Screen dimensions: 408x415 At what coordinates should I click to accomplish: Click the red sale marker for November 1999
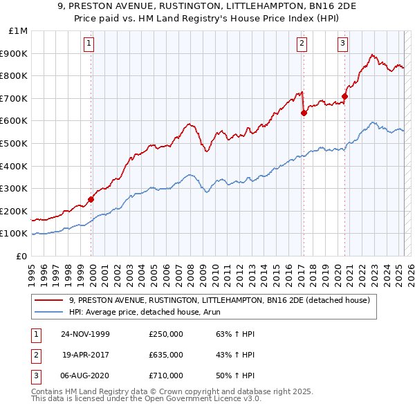coord(91,199)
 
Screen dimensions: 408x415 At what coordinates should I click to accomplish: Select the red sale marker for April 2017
coord(304,113)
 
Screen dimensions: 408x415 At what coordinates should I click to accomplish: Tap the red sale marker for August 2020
coord(344,96)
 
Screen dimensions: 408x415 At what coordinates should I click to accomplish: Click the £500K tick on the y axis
coord(15,143)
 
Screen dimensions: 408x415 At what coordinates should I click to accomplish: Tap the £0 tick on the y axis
coord(21,256)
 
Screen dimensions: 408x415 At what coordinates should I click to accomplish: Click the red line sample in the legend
coord(50,300)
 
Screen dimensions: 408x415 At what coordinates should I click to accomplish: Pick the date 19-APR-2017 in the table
coord(86,355)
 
